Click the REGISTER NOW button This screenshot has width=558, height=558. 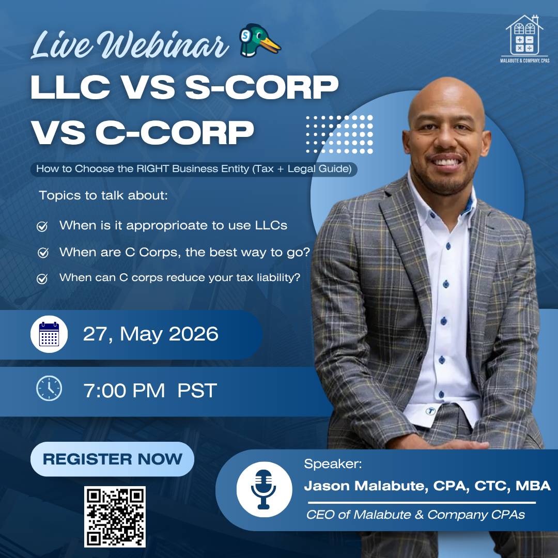click(x=112, y=459)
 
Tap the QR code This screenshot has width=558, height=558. click(x=115, y=517)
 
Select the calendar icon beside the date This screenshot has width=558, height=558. click(x=49, y=334)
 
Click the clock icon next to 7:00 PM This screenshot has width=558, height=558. click(x=49, y=388)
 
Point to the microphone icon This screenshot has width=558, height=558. click(x=263, y=489)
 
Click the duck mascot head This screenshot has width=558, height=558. click(x=259, y=40)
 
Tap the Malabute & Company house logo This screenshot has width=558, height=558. click(x=524, y=39)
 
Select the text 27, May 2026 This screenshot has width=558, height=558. click(x=150, y=334)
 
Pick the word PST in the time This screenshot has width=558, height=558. click(x=197, y=391)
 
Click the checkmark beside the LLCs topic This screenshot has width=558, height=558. click(x=42, y=226)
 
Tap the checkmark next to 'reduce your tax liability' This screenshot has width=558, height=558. click(x=42, y=278)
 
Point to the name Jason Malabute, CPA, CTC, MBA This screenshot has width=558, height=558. click(x=427, y=486)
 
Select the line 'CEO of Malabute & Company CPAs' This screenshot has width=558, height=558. click(x=415, y=515)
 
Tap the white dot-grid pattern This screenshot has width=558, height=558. click(x=339, y=134)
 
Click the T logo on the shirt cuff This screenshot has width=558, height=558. click(x=430, y=411)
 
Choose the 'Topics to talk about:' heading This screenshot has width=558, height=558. click(x=103, y=195)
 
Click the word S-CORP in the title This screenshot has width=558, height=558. click(x=261, y=87)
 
